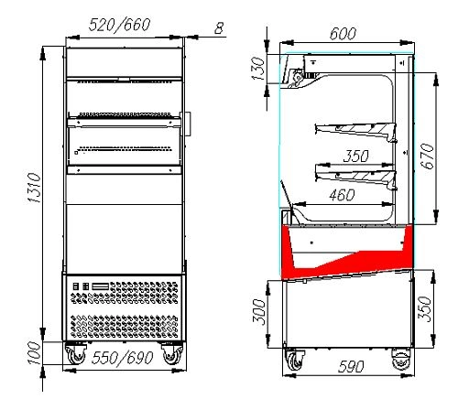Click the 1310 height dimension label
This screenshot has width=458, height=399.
coord(34,188)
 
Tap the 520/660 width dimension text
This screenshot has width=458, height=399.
coord(119,25)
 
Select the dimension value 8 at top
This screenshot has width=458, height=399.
coord(219,28)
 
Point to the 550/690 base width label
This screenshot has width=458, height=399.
coord(122,358)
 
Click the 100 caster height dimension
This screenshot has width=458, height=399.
coord(34,353)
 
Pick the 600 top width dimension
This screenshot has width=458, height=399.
coord(343,34)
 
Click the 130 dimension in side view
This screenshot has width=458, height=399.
coord(258,69)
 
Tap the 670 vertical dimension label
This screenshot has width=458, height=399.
coord(427,156)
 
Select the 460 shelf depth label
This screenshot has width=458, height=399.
coord(342,195)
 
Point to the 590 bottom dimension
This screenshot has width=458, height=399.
coord(351,366)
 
